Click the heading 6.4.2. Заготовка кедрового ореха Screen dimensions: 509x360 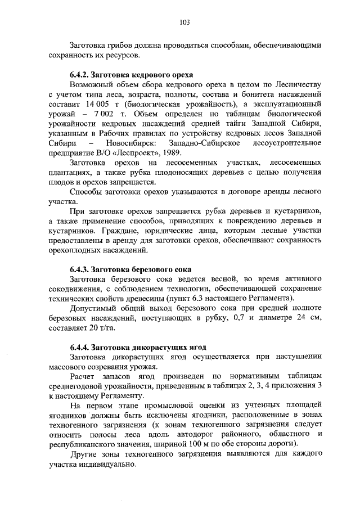(131, 75)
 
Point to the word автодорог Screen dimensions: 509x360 (183, 435)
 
